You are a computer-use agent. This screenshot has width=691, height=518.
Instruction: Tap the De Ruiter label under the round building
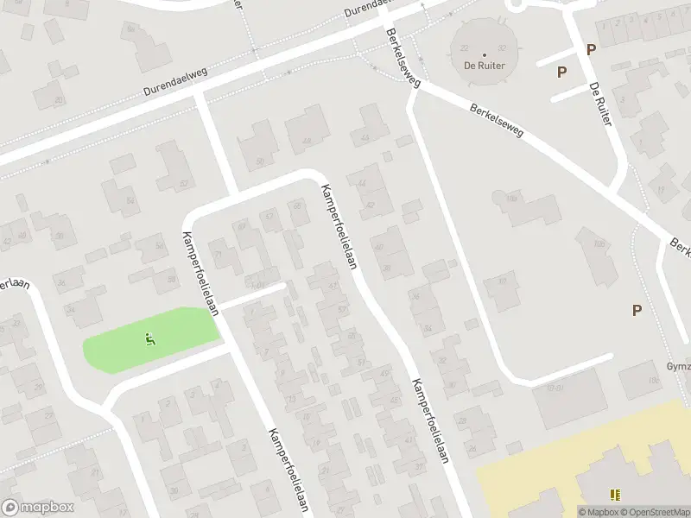pyautogui.click(x=484, y=65)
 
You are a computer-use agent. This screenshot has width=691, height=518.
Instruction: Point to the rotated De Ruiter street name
pyautogui.click(x=599, y=105)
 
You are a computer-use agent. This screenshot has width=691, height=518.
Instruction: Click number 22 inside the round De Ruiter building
pyautogui.click(x=465, y=49)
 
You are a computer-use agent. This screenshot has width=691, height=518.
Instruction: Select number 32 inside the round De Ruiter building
pyautogui.click(x=502, y=49)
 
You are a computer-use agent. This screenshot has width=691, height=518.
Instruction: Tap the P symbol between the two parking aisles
pyautogui.click(x=561, y=73)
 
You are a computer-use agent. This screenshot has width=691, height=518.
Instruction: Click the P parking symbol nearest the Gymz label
pyautogui.click(x=637, y=311)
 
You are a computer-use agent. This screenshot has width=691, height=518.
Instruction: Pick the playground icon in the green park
pyautogui.click(x=150, y=339)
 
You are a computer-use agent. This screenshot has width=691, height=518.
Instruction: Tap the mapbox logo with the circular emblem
pyautogui.click(x=38, y=508)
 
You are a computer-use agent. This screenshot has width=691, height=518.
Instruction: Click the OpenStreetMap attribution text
pyautogui.click(x=653, y=512)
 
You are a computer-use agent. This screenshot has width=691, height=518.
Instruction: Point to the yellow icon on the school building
pyautogui.click(x=615, y=495)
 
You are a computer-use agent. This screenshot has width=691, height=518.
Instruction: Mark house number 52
pyautogui.click(x=183, y=184)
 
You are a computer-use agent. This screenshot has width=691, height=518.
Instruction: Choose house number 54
pyautogui.click(x=131, y=200)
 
